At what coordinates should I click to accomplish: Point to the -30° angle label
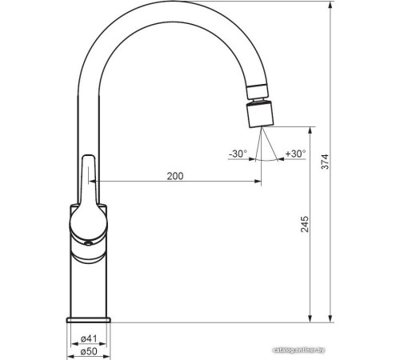pos(238,153)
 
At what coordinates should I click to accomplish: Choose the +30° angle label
pos(294,153)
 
